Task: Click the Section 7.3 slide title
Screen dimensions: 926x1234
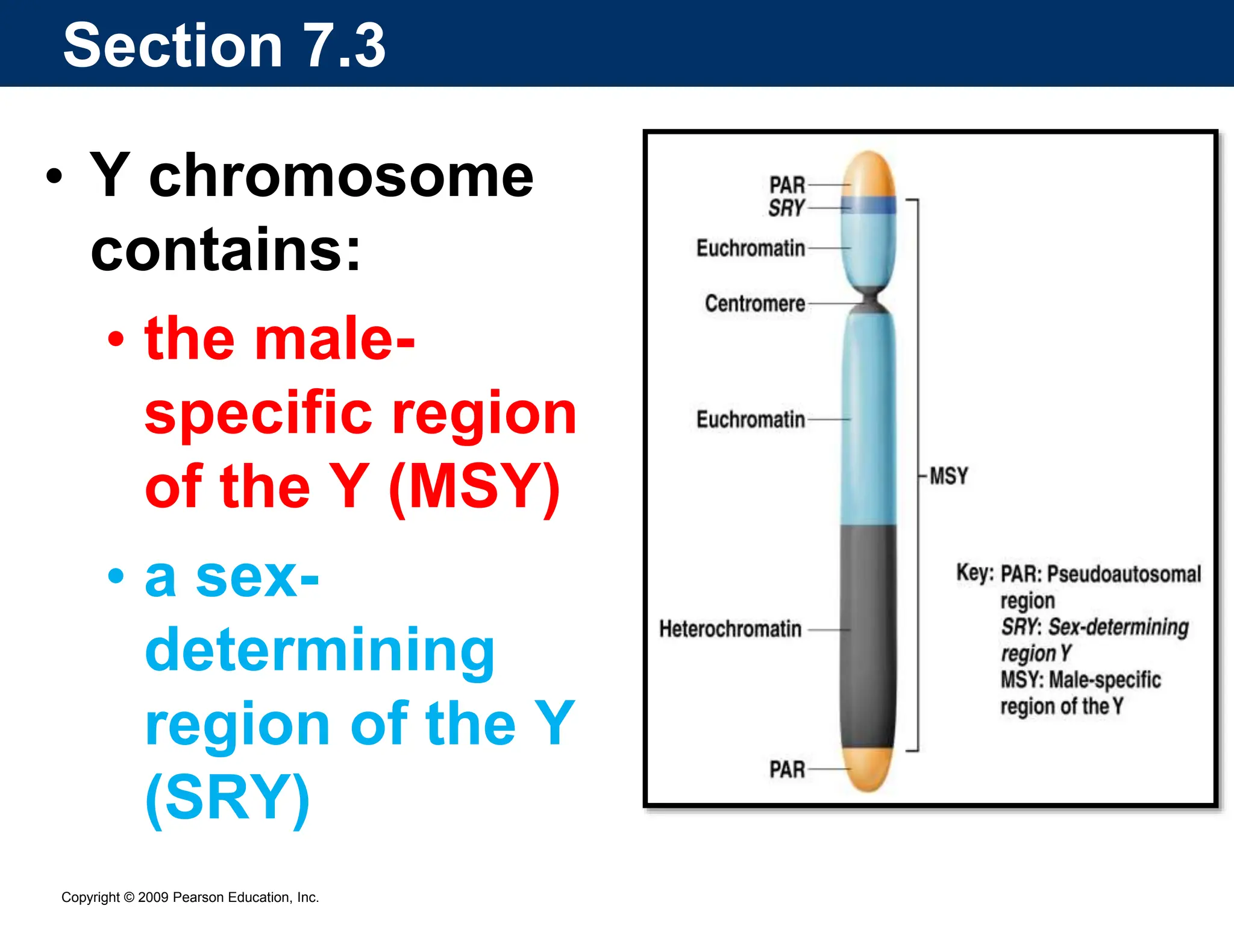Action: click(224, 45)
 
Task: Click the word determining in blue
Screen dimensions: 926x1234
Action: click(320, 651)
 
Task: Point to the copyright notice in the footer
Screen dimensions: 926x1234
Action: click(190, 897)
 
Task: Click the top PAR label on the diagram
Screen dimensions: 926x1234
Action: click(787, 185)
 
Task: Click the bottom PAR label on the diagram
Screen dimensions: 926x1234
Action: click(787, 770)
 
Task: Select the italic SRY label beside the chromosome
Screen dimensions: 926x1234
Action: click(786, 208)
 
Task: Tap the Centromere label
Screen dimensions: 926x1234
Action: click(755, 303)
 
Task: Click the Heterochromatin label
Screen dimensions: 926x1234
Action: click(730, 629)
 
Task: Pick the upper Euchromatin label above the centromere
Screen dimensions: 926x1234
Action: click(751, 248)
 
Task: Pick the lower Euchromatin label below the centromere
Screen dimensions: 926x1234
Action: click(751, 419)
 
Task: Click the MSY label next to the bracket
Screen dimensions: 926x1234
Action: click(948, 476)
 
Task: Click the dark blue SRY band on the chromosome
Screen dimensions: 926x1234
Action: click(868, 205)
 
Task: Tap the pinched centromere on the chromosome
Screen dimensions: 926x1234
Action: click(868, 300)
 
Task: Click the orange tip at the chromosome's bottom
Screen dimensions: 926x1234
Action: click(868, 770)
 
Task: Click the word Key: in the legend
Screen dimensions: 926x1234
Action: click(975, 573)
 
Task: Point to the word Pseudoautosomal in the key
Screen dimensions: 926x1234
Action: click(1124, 574)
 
